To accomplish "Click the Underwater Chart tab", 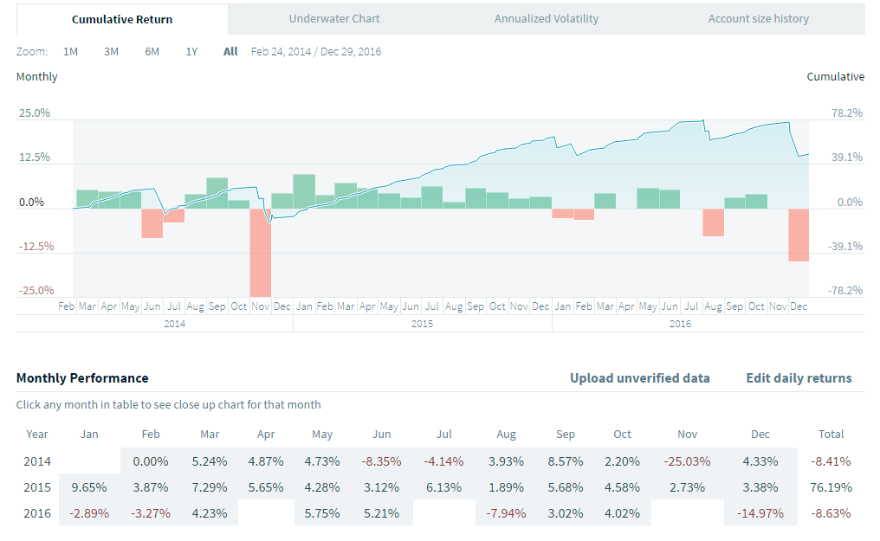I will pos(334,18).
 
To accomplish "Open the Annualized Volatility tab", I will pos(546,18).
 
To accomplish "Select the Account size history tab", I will pos(758,18).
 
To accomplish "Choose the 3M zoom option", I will pos(111,51).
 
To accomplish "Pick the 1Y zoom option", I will pos(191,51).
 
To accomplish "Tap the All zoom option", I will pos(230,51).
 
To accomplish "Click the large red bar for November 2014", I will pos(260,252).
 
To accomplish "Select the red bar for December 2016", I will pos(798,235).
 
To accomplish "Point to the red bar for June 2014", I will pos(152,223).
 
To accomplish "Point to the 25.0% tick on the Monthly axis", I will pos(36,113).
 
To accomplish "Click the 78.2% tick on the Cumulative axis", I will pos(847,113).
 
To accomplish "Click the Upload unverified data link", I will pos(639,378).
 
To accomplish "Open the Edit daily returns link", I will pos(799,378).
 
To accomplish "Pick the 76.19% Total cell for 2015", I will pos(832,487).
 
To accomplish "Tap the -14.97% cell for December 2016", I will pos(760,513).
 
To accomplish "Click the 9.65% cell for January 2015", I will pos(90,487).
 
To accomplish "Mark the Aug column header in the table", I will pos(506,435).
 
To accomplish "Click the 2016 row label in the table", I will pos(37,513).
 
